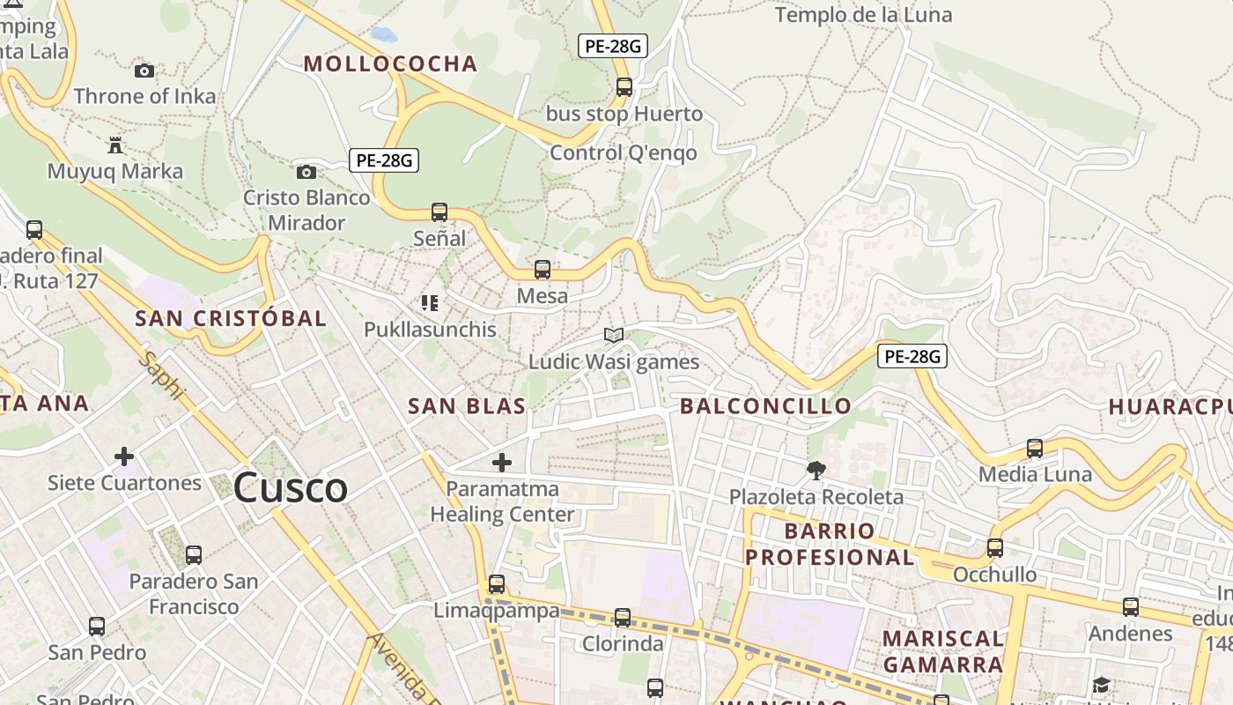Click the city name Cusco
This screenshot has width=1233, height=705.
click(x=291, y=488)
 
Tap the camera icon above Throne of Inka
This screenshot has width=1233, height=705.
click(x=144, y=70)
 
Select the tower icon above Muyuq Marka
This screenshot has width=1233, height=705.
click(x=115, y=145)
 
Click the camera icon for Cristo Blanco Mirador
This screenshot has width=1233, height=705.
click(x=306, y=172)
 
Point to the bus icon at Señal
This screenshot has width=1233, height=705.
click(x=439, y=212)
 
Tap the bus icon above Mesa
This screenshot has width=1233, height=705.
click(x=543, y=270)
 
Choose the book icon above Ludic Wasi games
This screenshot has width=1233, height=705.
click(x=614, y=336)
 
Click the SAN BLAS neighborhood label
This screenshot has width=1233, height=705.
click(x=467, y=406)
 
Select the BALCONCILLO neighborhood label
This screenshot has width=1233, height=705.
click(x=765, y=406)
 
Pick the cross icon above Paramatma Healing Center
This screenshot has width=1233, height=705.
click(x=502, y=462)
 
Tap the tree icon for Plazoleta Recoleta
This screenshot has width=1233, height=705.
click(x=816, y=471)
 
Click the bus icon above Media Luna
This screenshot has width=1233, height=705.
click(x=1035, y=449)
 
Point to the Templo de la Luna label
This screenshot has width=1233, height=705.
click(x=863, y=15)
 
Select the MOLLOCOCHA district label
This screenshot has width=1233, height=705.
click(x=390, y=63)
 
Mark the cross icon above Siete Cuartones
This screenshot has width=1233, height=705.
click(x=124, y=456)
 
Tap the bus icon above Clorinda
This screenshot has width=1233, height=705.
click(x=623, y=618)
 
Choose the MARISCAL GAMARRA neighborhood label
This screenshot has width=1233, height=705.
click(x=943, y=651)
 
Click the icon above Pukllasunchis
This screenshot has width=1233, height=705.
click(x=430, y=303)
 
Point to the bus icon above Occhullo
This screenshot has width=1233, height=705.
click(x=995, y=547)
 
